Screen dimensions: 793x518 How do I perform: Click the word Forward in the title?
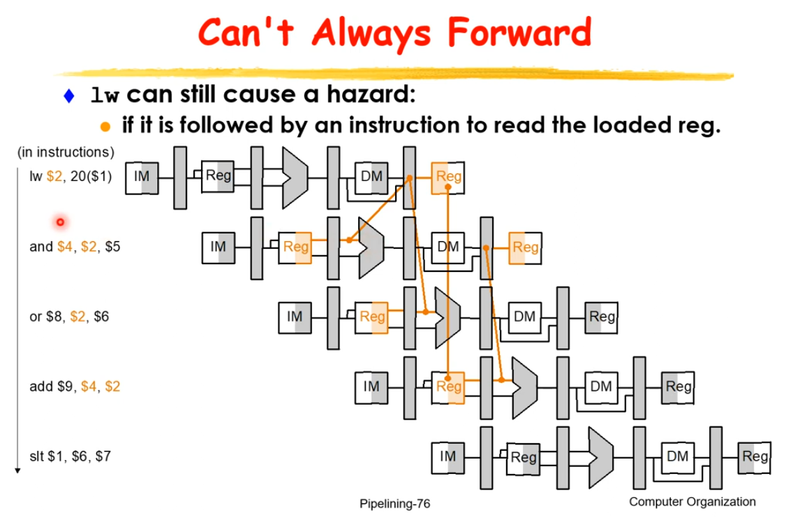tap(519, 32)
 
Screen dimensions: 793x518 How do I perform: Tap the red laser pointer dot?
tap(60, 222)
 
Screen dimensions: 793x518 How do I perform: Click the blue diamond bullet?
tap(69, 95)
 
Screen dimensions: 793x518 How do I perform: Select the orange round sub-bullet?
tap(105, 127)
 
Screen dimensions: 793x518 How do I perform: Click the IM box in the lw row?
tap(142, 178)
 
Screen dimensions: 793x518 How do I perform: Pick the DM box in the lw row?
tap(371, 178)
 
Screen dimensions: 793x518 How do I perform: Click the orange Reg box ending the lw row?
tap(447, 178)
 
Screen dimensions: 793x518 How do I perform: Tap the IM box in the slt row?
tap(447, 458)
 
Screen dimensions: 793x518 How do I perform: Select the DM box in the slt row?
tap(678, 458)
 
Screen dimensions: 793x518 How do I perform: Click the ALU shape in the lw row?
tap(295, 178)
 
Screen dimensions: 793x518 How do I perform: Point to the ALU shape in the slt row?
tap(601, 458)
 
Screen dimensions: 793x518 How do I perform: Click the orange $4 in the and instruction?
tap(65, 247)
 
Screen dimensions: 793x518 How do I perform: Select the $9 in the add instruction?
tap(65, 387)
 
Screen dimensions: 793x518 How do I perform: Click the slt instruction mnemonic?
tap(36, 456)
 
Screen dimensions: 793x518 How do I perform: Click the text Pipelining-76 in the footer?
tap(395, 504)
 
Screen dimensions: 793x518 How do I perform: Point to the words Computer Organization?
tap(692, 502)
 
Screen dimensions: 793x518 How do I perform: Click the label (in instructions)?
tap(66, 152)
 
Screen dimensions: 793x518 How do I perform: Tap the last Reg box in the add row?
tap(678, 388)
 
